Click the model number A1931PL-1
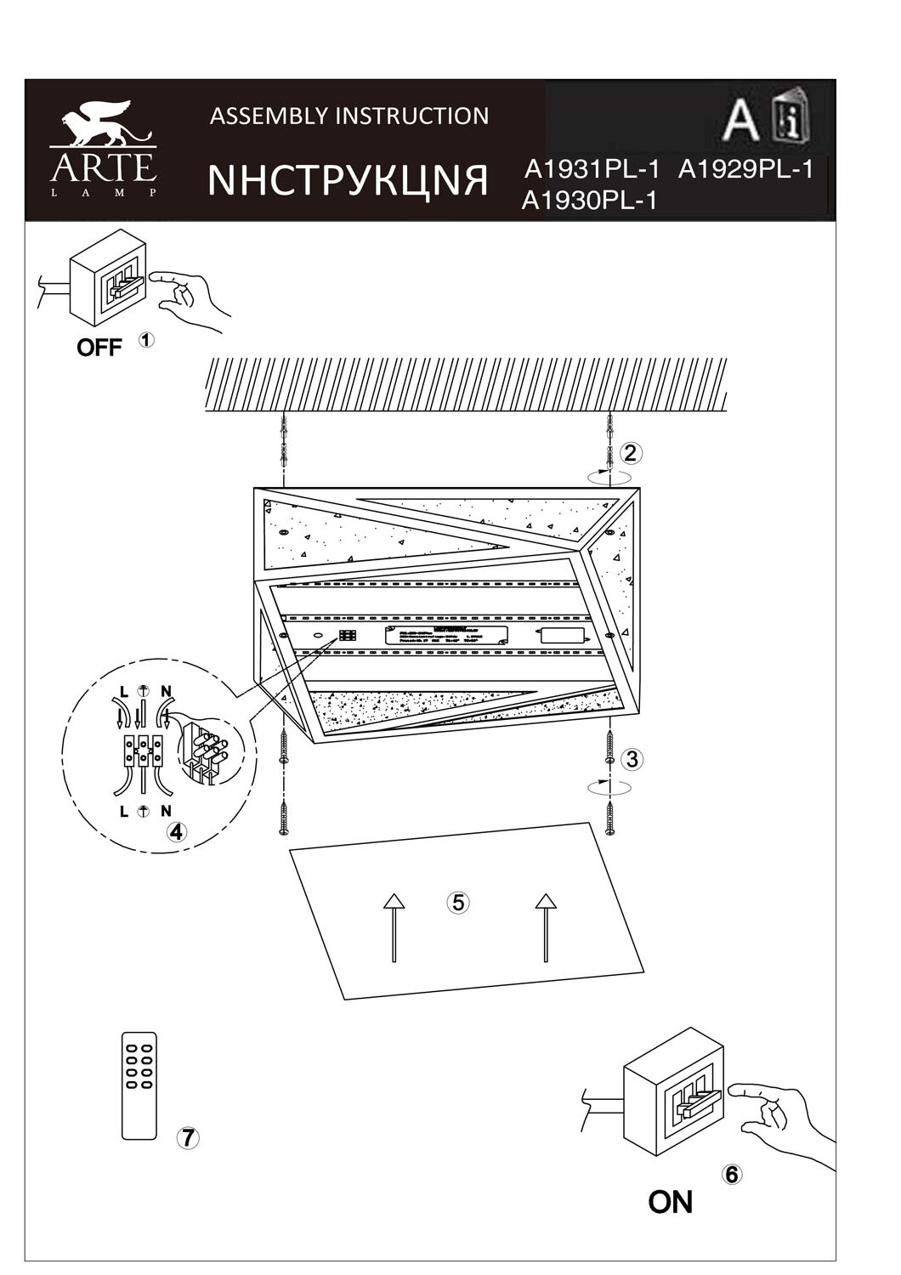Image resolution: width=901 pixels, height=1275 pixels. tap(592, 170)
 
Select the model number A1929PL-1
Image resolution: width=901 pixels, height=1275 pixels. tap(745, 170)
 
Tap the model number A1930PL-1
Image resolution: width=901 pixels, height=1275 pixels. tap(589, 201)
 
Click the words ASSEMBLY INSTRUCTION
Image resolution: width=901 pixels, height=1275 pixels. tap(349, 116)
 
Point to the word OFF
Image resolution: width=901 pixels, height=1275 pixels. tap(99, 347)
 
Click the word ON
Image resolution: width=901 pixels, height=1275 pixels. tap(670, 1202)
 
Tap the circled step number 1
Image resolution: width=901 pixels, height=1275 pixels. tap(146, 340)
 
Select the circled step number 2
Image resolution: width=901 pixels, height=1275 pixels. tap(629, 453)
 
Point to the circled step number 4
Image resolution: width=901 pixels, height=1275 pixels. tap(176, 832)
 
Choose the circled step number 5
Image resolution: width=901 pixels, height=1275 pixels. tap(458, 902)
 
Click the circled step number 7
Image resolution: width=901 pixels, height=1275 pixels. tap(188, 1137)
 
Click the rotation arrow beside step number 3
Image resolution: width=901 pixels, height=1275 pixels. tap(609, 789)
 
